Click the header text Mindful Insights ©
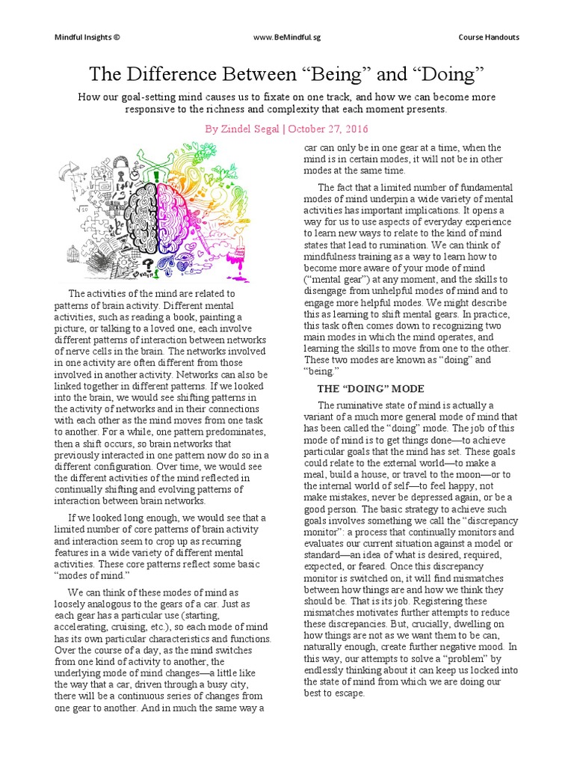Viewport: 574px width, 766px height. point(87,37)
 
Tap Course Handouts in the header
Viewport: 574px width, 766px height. point(489,37)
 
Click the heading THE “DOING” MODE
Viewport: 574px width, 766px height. point(371,389)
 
